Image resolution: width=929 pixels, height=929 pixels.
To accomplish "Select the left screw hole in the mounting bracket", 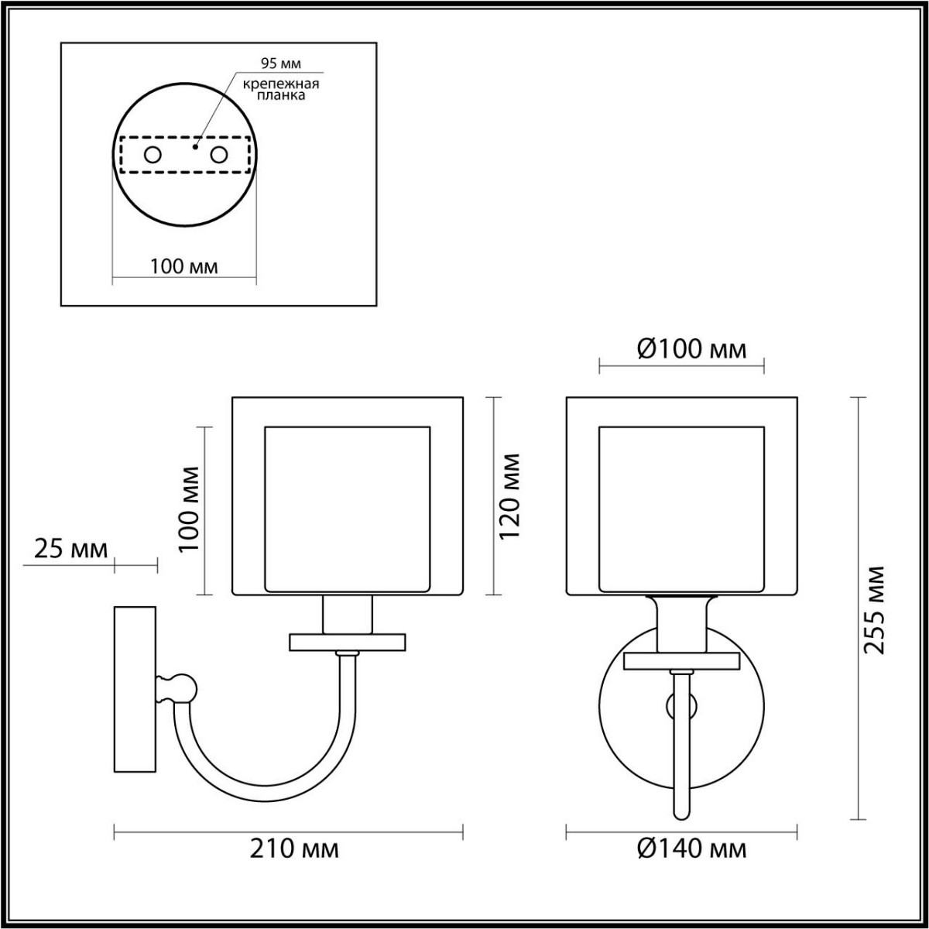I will pyautogui.click(x=153, y=155).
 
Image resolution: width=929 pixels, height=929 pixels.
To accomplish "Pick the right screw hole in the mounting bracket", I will pyautogui.click(x=219, y=155).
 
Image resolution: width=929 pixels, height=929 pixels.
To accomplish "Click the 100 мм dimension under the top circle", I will pyautogui.click(x=183, y=267).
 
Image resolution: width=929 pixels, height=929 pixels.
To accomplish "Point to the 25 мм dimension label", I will pyautogui.click(x=70, y=550).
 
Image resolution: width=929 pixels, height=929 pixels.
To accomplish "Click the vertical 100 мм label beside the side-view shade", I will pyautogui.click(x=188, y=508).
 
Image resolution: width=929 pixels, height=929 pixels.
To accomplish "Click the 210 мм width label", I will pyautogui.click(x=294, y=849).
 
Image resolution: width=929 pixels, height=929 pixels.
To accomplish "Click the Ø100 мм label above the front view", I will pyautogui.click(x=692, y=350).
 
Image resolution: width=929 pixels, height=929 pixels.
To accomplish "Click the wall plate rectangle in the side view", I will pyautogui.click(x=136, y=687).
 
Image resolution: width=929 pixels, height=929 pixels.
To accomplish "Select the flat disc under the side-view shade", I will pyautogui.click(x=348, y=642).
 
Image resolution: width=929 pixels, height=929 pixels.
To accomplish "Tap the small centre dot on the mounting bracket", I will pyautogui.click(x=196, y=145).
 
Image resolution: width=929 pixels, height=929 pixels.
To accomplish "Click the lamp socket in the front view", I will pyautogui.click(x=682, y=624).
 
